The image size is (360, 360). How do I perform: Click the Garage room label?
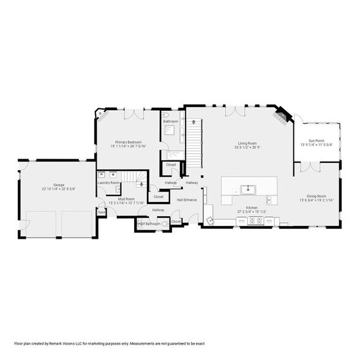[59, 184]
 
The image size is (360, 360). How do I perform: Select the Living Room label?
[247, 143]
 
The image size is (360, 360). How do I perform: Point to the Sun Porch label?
[316, 140]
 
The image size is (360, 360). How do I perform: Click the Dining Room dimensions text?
[316, 200]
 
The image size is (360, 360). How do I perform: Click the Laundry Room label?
[108, 182]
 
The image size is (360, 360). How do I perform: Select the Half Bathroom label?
[149, 224]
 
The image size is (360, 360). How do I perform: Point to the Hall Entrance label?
[187, 200]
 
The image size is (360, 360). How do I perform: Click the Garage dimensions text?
[59, 189]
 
